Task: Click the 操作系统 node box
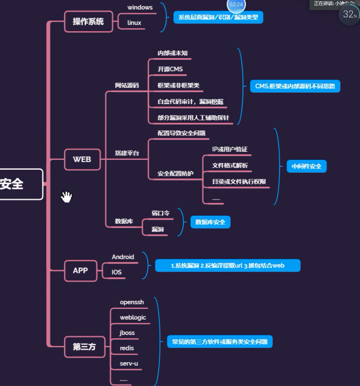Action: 88,21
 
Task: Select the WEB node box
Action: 82,159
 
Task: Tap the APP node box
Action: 80,270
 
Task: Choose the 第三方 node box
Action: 84,346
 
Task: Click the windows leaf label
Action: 140,7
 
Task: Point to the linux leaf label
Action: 134,22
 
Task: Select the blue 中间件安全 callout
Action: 307,166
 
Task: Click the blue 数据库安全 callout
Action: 210,222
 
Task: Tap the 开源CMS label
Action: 170,69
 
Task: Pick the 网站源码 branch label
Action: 127,85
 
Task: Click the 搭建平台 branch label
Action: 127,153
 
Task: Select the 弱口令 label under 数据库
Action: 160,213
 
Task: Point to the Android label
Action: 123,257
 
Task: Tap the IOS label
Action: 116,272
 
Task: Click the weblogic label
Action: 133,317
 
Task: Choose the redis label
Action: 127,348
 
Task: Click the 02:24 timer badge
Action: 236,4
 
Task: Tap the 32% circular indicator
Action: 349,15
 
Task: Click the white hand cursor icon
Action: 66,197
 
